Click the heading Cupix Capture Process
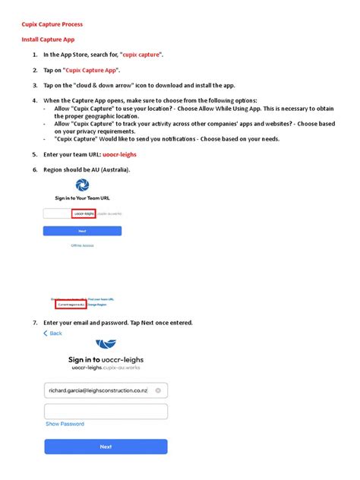(x=52, y=24)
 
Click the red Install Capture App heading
(x=47, y=39)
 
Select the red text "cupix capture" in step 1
(x=142, y=55)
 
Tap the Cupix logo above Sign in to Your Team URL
(x=82, y=185)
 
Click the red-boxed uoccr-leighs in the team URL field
(x=84, y=214)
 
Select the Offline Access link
(x=82, y=245)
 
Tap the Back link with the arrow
(x=53, y=333)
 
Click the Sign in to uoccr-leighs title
(x=106, y=359)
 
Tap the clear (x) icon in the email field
(x=158, y=390)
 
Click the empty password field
(x=106, y=412)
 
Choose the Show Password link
(x=65, y=425)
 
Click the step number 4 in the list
(x=35, y=100)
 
